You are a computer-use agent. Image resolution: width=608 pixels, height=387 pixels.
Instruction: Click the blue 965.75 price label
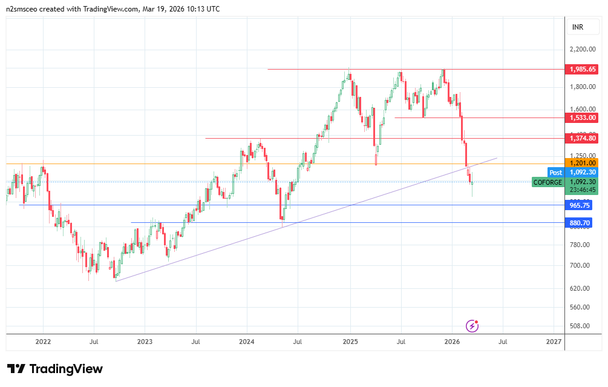point(580,205)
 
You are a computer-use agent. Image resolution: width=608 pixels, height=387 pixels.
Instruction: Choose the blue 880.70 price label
point(580,223)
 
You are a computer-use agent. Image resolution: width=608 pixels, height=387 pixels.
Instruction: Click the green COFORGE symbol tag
point(548,182)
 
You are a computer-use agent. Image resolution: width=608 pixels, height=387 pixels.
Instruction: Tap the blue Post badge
point(555,173)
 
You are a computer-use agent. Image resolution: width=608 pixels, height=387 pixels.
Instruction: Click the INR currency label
point(578,27)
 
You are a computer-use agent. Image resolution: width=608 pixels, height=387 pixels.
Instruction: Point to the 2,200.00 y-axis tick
point(583,50)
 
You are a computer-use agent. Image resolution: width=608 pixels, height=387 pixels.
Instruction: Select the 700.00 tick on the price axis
point(581,265)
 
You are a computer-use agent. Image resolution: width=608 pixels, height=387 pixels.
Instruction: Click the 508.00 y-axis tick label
point(581,326)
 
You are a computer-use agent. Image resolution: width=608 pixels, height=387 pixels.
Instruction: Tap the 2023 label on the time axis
point(145,342)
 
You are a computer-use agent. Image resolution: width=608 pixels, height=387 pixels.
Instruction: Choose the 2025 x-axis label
point(350,342)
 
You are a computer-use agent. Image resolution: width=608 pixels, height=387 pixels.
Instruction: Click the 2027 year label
point(554,342)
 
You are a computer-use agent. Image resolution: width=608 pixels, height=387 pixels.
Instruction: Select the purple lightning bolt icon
point(472,326)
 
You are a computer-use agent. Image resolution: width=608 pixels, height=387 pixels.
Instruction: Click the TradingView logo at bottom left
point(55,369)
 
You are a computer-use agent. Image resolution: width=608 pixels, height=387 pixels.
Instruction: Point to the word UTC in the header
point(212,9)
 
